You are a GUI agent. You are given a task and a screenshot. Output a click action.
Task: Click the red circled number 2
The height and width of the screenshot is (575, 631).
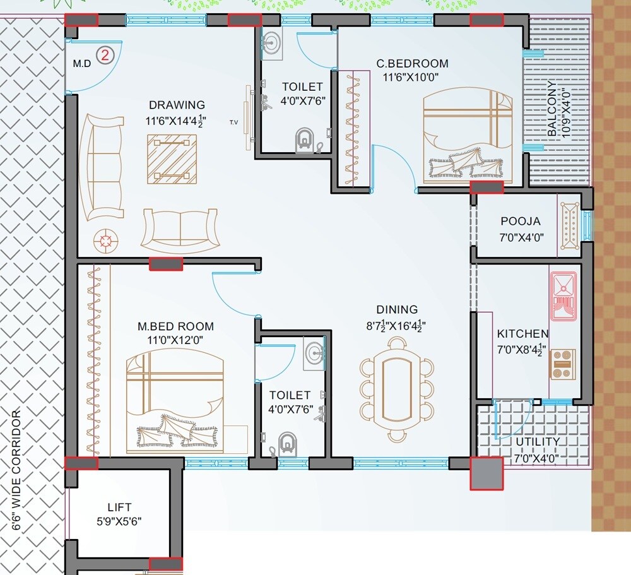tap(105, 55)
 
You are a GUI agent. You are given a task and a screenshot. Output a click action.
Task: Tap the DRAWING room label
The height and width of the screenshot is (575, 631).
tap(177, 105)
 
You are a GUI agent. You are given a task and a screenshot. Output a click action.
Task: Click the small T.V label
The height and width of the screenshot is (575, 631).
tap(233, 122)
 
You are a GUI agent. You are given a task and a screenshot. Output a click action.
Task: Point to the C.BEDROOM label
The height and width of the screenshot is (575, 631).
tap(412, 64)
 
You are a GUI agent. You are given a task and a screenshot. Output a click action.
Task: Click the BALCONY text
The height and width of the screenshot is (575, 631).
tap(552, 109)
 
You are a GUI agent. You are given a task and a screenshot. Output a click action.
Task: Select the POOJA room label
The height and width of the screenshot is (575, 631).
tap(521, 222)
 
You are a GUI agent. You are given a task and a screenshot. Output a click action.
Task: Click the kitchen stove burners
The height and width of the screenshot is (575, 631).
tap(563, 363)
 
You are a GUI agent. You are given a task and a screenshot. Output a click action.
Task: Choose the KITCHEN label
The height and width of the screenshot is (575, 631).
tap(522, 334)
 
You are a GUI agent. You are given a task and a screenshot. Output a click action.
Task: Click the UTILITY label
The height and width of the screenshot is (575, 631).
tap(537, 441)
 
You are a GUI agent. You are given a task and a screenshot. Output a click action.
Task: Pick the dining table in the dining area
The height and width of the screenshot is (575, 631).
tap(397, 389)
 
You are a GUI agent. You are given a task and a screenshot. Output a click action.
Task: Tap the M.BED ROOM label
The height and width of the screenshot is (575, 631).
tap(175, 327)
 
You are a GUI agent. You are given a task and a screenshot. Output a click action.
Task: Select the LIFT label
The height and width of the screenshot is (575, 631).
tap(120, 507)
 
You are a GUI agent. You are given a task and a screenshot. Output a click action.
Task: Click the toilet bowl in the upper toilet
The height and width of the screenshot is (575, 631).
tap(304, 139)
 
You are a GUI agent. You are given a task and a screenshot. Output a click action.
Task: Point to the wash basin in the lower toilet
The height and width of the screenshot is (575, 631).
tap(314, 354)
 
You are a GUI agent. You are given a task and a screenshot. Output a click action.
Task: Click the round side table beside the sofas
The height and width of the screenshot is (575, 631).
tap(105, 240)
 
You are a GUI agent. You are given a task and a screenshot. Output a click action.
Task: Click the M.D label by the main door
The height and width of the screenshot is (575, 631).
tap(81, 64)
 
